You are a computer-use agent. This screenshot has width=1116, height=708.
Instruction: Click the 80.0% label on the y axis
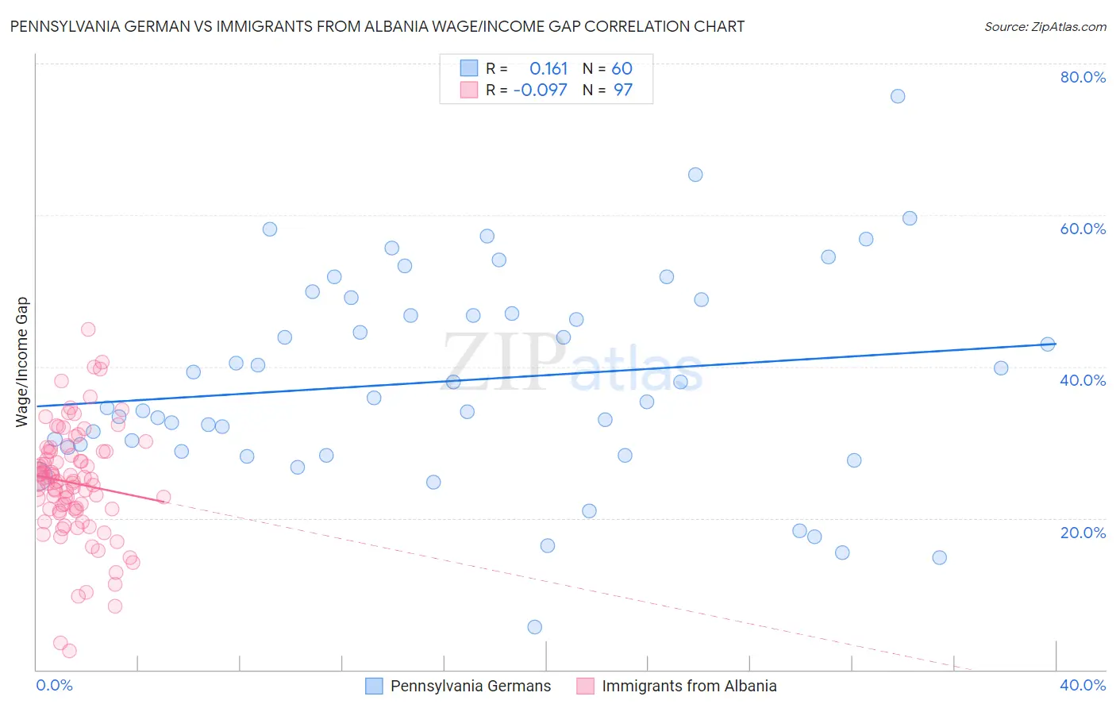pos(1083,77)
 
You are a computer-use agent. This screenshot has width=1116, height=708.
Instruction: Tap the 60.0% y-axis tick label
pos(1083,229)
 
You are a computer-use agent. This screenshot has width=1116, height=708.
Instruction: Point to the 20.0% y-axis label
pos(1083,532)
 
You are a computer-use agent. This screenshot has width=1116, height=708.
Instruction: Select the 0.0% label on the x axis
pos(54,685)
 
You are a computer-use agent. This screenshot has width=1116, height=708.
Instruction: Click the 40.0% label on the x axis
pos(1083,685)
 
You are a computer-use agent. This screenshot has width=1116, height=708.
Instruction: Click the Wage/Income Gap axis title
pos(21,362)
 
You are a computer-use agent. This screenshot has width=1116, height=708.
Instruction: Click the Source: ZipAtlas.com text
pos(1045,26)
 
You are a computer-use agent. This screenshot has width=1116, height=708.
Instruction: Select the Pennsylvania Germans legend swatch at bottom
pos(374,686)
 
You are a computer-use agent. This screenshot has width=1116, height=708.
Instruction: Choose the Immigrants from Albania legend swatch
pos(585,686)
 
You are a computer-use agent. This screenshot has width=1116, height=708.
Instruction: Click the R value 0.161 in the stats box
pos(548,69)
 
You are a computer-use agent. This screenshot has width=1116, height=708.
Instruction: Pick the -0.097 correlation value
pos(541,90)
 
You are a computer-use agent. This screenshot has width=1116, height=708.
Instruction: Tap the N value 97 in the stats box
pos(623,90)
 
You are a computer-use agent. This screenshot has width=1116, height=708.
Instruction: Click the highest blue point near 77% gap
pos(898,96)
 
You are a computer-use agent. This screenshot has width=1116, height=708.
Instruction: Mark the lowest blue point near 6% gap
pos(535,627)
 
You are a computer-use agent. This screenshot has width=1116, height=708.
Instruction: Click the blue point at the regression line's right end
pos(1048,344)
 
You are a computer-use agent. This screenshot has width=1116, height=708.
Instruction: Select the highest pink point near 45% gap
pos(88,329)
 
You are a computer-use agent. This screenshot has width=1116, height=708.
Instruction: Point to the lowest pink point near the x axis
pos(69,651)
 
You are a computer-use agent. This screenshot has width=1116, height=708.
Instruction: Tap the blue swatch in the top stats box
pos(469,68)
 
